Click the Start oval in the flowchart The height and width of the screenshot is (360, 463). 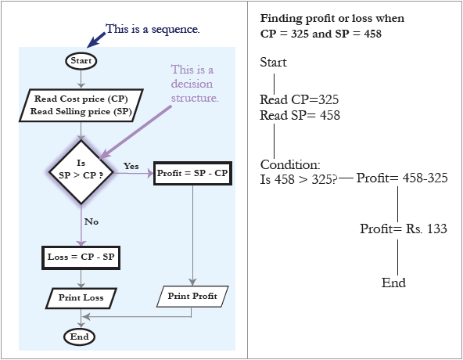point(81,61)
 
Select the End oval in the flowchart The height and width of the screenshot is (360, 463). point(80,337)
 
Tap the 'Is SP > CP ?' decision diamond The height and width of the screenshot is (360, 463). point(81,171)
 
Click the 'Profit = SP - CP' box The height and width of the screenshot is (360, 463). point(192,173)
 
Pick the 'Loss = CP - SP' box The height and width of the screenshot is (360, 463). point(81,257)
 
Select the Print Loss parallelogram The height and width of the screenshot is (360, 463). point(81,298)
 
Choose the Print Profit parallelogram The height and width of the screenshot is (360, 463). point(192,296)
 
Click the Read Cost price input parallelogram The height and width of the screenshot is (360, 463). point(81,105)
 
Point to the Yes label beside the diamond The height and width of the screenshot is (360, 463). point(131,166)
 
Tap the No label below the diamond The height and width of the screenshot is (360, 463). point(92,221)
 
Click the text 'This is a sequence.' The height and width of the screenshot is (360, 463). point(153,29)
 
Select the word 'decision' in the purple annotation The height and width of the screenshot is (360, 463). point(192,84)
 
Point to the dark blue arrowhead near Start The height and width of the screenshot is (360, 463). point(92,42)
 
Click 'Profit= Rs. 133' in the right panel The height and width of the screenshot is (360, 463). point(404,229)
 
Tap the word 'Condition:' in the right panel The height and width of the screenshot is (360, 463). point(290,164)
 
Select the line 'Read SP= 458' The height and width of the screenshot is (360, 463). point(300,115)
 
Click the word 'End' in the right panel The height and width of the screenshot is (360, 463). point(393,283)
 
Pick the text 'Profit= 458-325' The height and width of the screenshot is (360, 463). point(402,178)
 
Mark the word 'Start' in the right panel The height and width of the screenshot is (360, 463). point(273,63)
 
